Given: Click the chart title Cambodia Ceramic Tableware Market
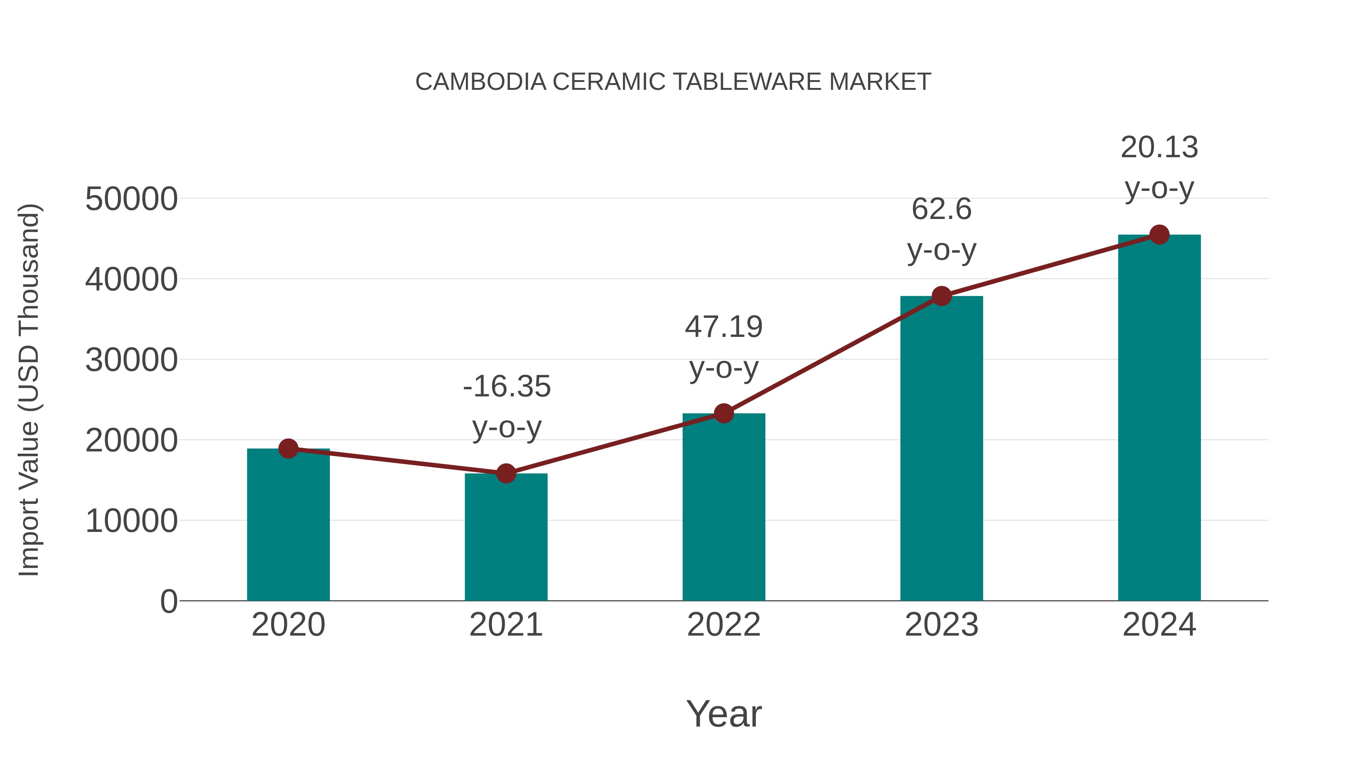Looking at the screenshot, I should (673, 82).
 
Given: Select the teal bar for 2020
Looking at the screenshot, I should (288, 528).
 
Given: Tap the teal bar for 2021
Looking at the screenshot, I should (505, 539).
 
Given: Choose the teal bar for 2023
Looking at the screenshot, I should (941, 450).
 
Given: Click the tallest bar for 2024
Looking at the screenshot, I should (1159, 418).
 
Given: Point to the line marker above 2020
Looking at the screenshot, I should (288, 448).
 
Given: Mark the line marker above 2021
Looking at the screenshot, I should (505, 474).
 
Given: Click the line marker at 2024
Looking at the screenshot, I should (1159, 235).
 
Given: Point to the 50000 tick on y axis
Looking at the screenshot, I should (131, 199).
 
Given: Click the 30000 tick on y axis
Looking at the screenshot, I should (131, 360).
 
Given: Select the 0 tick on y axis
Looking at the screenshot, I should (169, 602).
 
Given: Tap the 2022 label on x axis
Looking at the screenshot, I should (724, 625).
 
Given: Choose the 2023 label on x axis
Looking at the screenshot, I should (941, 625).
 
